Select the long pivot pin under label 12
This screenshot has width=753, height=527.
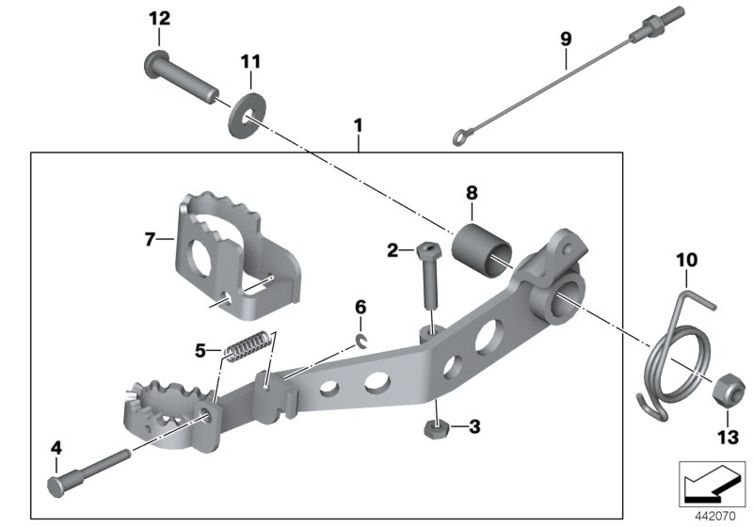point(181,77)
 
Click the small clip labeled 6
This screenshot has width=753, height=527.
point(362,341)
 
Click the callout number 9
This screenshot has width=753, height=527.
point(565,39)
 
